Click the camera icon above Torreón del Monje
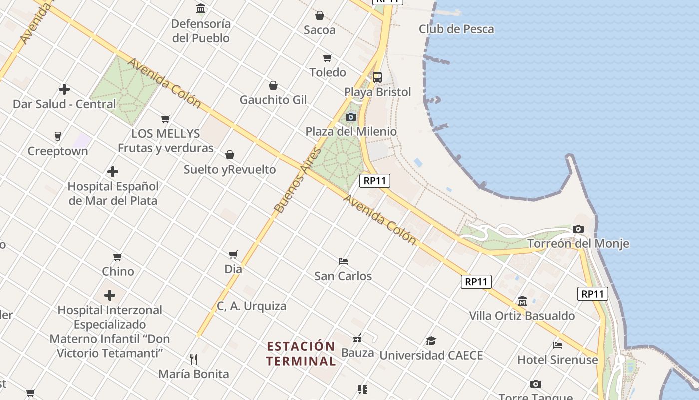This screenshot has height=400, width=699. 578,229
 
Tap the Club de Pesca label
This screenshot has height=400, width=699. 456,29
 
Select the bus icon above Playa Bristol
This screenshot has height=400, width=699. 377,77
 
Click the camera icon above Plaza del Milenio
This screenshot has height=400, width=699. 351,117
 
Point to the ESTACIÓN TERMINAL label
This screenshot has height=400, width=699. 301,354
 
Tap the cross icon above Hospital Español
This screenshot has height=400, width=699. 113,172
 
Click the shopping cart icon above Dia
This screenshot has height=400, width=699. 233,255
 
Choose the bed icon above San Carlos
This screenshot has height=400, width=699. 343,261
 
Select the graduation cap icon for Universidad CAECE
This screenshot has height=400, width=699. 431,341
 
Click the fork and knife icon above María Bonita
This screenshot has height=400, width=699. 194,359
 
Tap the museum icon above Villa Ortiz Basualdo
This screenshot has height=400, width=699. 522,301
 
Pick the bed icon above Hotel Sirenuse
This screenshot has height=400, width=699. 558,345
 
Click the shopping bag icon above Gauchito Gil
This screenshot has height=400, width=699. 273,85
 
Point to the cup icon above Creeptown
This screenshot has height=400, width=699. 58,136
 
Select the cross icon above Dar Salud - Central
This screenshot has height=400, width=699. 64,89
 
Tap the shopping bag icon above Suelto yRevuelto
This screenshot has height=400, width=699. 230,155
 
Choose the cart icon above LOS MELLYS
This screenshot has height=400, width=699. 166,119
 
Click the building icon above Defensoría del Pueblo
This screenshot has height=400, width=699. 201,8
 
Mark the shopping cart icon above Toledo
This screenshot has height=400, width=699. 328,58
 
